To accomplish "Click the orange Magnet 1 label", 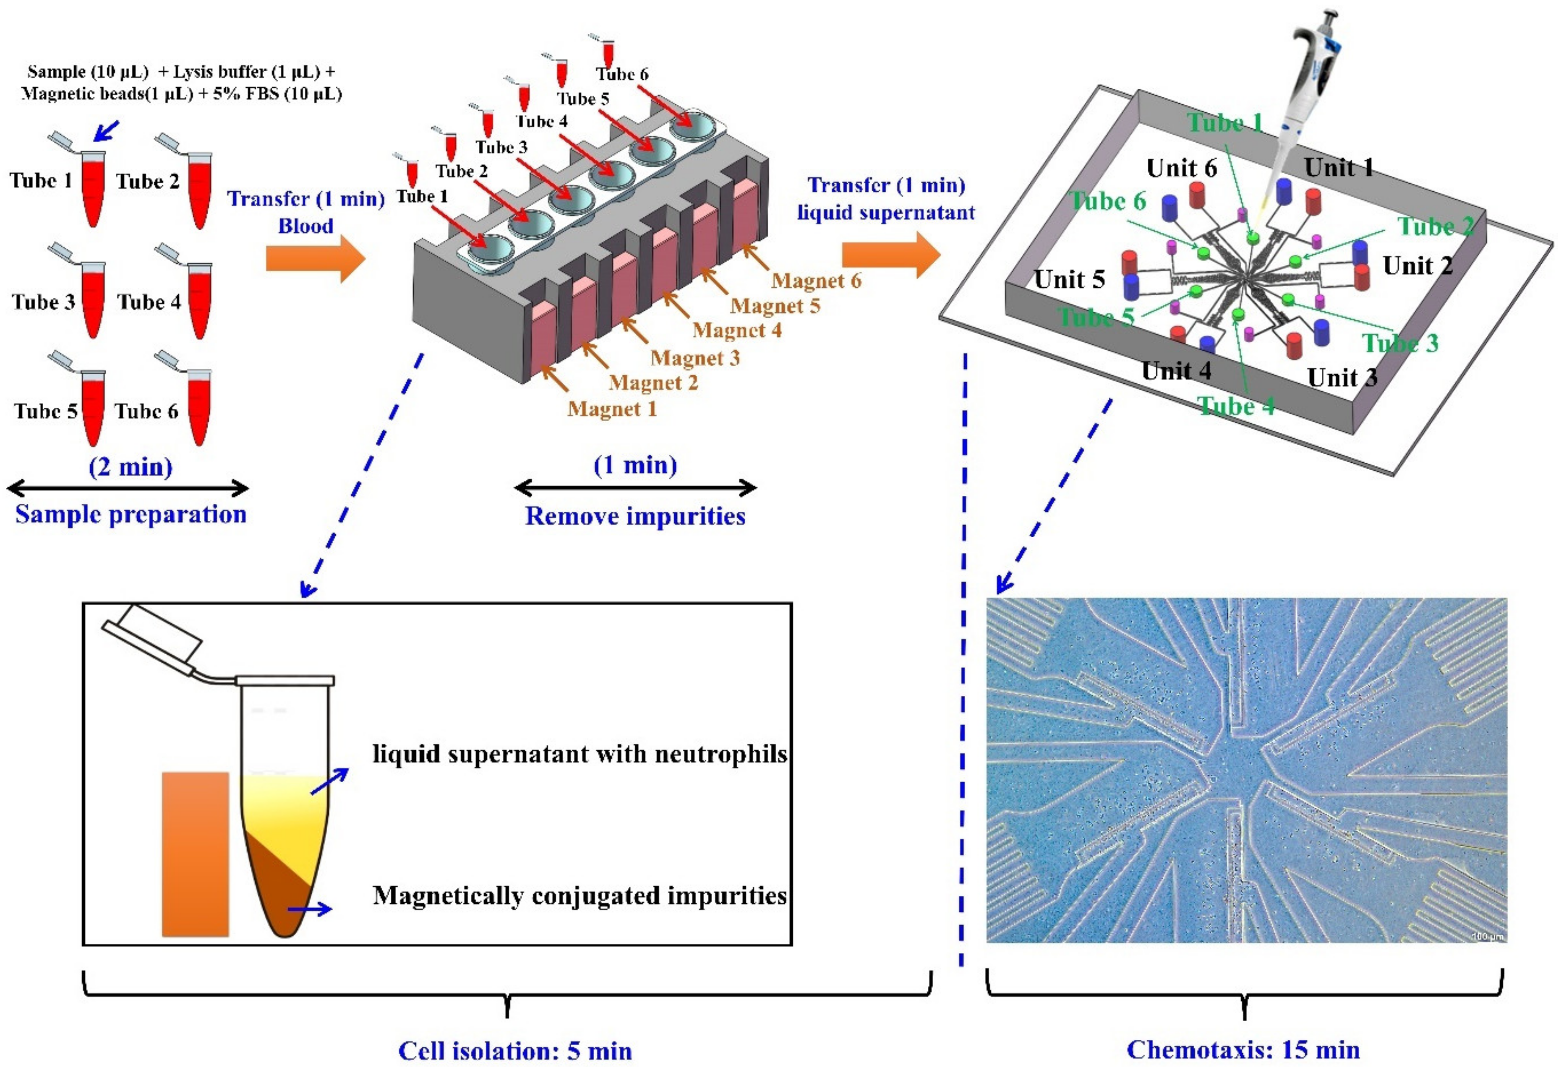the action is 612,409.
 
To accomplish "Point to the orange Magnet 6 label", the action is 816,281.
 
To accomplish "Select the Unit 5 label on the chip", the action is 1069,279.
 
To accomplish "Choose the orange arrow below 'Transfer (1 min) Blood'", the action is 316,258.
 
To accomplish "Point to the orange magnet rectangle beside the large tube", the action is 196,854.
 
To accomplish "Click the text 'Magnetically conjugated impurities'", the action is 580,896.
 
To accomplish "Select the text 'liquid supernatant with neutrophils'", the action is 580,754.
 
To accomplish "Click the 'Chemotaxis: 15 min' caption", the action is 1243,1049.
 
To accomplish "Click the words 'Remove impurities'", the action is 635,516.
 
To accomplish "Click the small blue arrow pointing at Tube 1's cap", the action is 106,131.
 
